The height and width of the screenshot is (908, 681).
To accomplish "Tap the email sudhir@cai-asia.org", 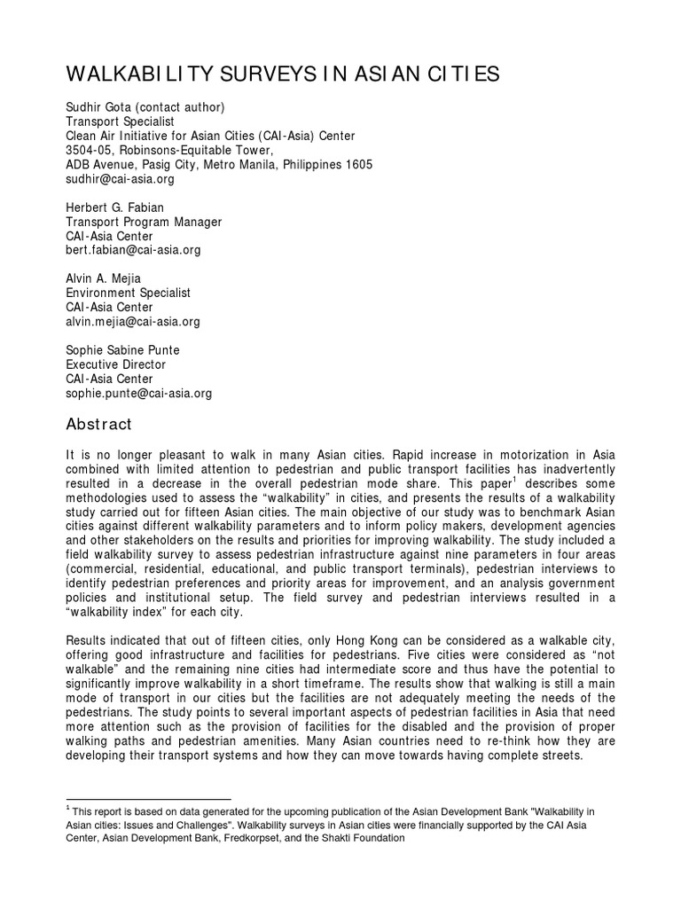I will (121, 179).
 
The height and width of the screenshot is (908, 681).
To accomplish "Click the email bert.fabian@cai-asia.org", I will (134, 250).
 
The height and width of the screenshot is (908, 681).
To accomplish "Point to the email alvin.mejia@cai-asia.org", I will (134, 321).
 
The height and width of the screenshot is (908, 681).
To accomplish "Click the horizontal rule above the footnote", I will (148, 799).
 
